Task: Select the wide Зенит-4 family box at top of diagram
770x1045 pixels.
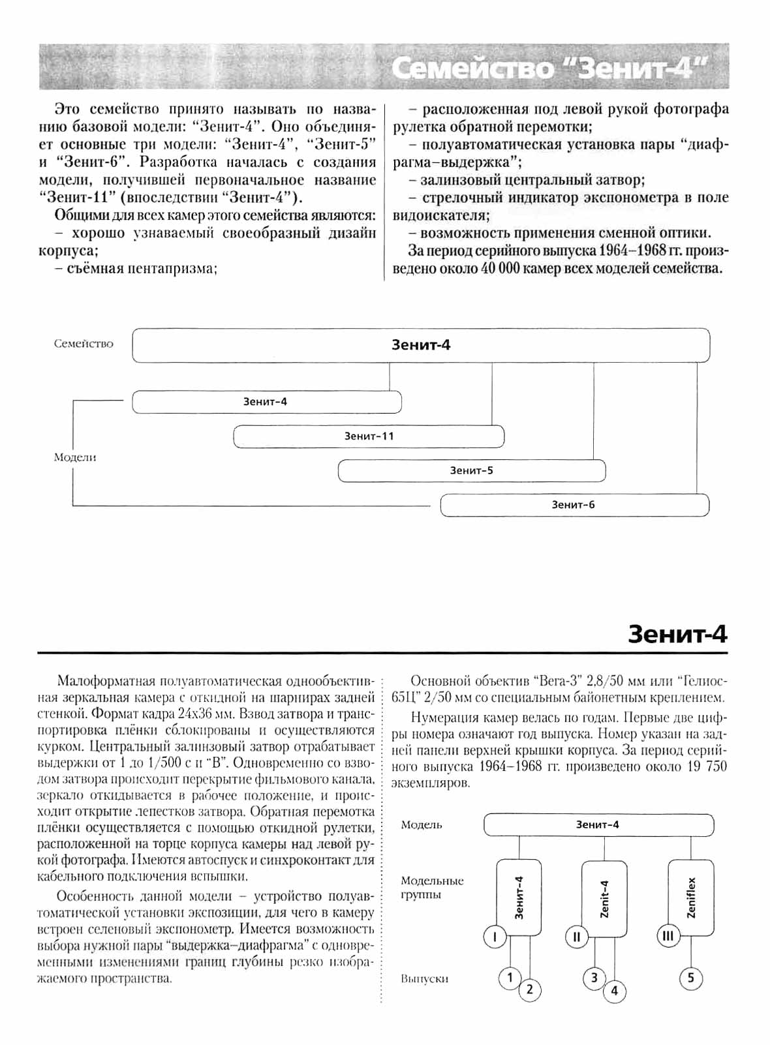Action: [421, 345]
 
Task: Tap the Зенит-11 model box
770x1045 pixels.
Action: [369, 436]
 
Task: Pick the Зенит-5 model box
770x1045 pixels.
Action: [471, 470]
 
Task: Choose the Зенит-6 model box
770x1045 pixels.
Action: [574, 505]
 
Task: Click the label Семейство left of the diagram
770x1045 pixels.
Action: [84, 344]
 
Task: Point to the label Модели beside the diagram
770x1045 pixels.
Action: [75, 457]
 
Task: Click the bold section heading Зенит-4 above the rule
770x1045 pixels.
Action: [677, 635]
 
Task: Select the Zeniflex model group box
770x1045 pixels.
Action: [691, 898]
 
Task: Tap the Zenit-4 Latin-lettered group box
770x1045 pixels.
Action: [604, 898]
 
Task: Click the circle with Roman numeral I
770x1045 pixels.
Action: [495, 937]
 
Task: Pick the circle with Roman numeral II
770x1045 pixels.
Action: [577, 937]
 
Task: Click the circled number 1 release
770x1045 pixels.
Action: [510, 978]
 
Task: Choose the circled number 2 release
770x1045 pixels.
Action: [530, 990]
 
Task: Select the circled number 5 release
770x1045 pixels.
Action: [691, 978]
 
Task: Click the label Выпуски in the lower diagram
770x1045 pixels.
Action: [425, 979]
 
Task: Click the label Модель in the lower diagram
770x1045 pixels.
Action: [422, 825]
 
